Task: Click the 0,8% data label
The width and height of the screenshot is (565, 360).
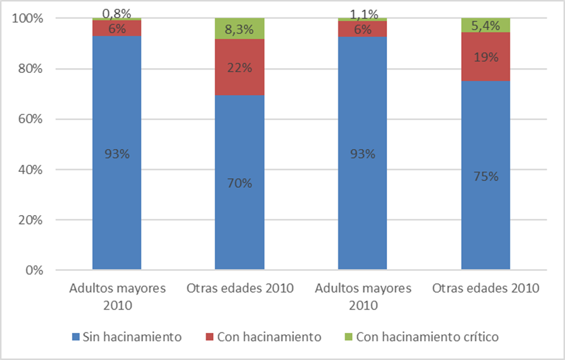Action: [x=117, y=13]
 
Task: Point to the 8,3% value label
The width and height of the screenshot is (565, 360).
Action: [x=239, y=29]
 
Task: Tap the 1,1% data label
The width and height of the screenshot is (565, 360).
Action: [x=362, y=13]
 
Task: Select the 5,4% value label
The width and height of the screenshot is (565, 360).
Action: [x=485, y=26]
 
